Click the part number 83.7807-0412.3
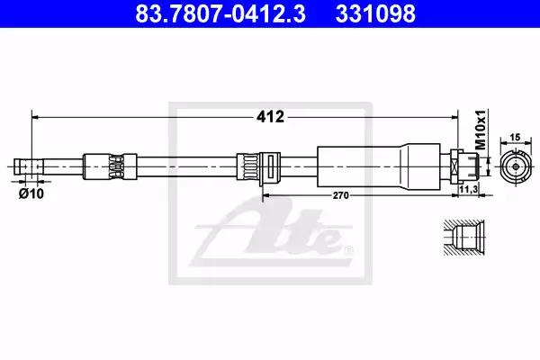tap(220, 13)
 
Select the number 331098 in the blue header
tap(375, 13)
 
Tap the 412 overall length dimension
tap(270, 117)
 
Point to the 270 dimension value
tap(340, 195)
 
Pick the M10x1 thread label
tap(481, 130)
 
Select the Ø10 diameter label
tap(31, 194)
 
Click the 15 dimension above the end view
tap(515, 138)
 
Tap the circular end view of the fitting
tap(516, 166)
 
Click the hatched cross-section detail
tap(463, 238)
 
